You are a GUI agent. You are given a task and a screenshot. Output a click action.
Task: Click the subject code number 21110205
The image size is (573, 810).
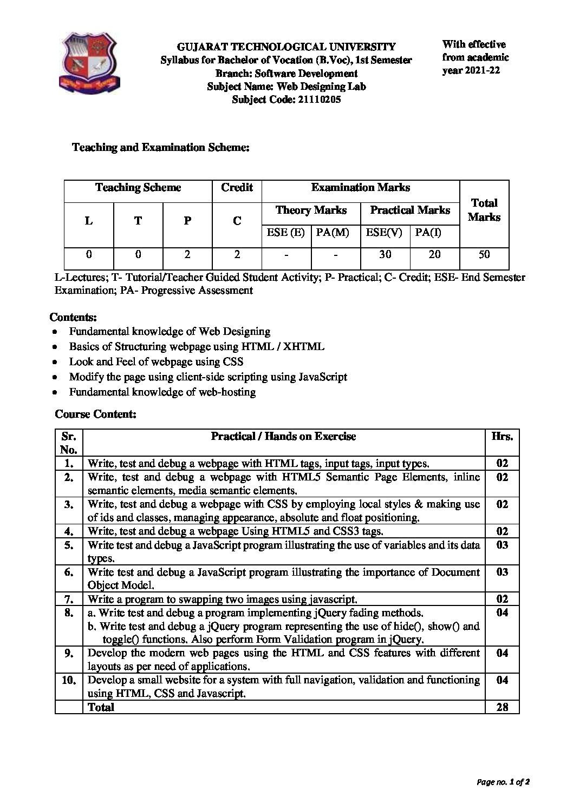[x=320, y=100]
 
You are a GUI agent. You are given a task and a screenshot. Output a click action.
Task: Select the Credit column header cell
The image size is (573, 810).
[x=237, y=188]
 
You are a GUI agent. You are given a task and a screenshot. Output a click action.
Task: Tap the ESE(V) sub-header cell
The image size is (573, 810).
[x=385, y=233]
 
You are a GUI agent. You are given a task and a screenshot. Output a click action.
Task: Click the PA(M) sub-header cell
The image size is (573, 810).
[x=335, y=233]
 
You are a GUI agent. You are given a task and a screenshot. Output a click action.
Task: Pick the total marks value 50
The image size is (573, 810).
[x=484, y=254]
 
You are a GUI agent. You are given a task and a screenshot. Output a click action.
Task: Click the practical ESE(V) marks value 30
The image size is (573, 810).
[x=385, y=254]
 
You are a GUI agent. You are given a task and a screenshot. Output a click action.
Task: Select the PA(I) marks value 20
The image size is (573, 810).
[x=434, y=254]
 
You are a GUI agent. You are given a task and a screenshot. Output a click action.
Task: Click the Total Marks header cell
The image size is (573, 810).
[x=484, y=210]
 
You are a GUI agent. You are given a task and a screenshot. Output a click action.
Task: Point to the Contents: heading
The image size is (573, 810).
[x=73, y=317]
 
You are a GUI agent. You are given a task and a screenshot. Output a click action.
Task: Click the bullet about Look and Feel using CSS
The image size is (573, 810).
[x=156, y=361]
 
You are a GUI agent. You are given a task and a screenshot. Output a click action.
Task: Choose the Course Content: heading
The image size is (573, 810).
[x=95, y=414]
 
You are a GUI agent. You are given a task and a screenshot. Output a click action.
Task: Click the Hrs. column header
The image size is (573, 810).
[x=502, y=437]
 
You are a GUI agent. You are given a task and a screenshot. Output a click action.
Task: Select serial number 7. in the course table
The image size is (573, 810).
[x=68, y=599]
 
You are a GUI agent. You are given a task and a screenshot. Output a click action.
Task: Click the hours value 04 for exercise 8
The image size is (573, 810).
[x=502, y=613]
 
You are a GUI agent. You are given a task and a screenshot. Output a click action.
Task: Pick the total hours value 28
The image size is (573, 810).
[x=502, y=707]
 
